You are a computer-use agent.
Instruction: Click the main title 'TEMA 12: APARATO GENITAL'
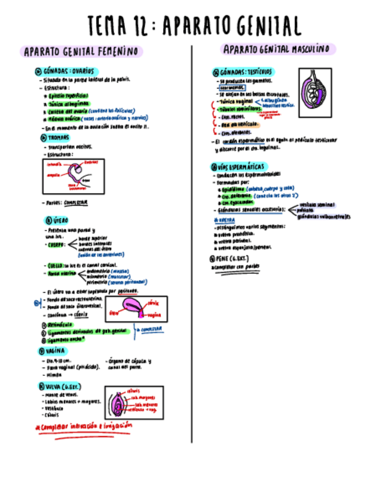point(195,26)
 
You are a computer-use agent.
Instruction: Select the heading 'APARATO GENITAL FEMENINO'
point(81,52)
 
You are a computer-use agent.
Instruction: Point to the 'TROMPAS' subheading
point(56,138)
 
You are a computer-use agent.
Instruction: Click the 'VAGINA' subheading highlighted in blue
point(54,351)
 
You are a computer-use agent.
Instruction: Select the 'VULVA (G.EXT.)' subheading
point(63,386)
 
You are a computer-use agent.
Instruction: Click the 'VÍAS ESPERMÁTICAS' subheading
point(241,167)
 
